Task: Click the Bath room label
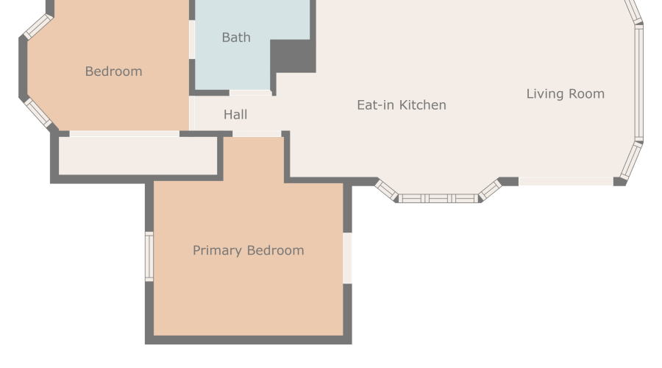point(236,38)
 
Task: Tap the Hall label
point(235,115)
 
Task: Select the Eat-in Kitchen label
point(402,105)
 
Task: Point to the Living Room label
point(566,93)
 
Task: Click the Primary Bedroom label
point(249,250)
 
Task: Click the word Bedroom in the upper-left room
point(113,71)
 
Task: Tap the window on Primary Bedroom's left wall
point(149,256)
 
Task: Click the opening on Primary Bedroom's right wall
point(347,258)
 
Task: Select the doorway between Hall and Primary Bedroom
point(257,134)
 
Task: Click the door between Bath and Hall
point(250,93)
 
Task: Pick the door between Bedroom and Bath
point(192,39)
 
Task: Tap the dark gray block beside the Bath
point(293,56)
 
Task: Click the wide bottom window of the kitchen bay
point(438,199)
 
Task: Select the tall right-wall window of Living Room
point(639,83)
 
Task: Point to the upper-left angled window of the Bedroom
point(38,26)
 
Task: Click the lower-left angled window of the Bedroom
point(38,113)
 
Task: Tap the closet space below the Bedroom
point(138,155)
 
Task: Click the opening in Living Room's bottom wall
point(566,182)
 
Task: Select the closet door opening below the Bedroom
point(124,134)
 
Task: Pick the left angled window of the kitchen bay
point(386,190)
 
